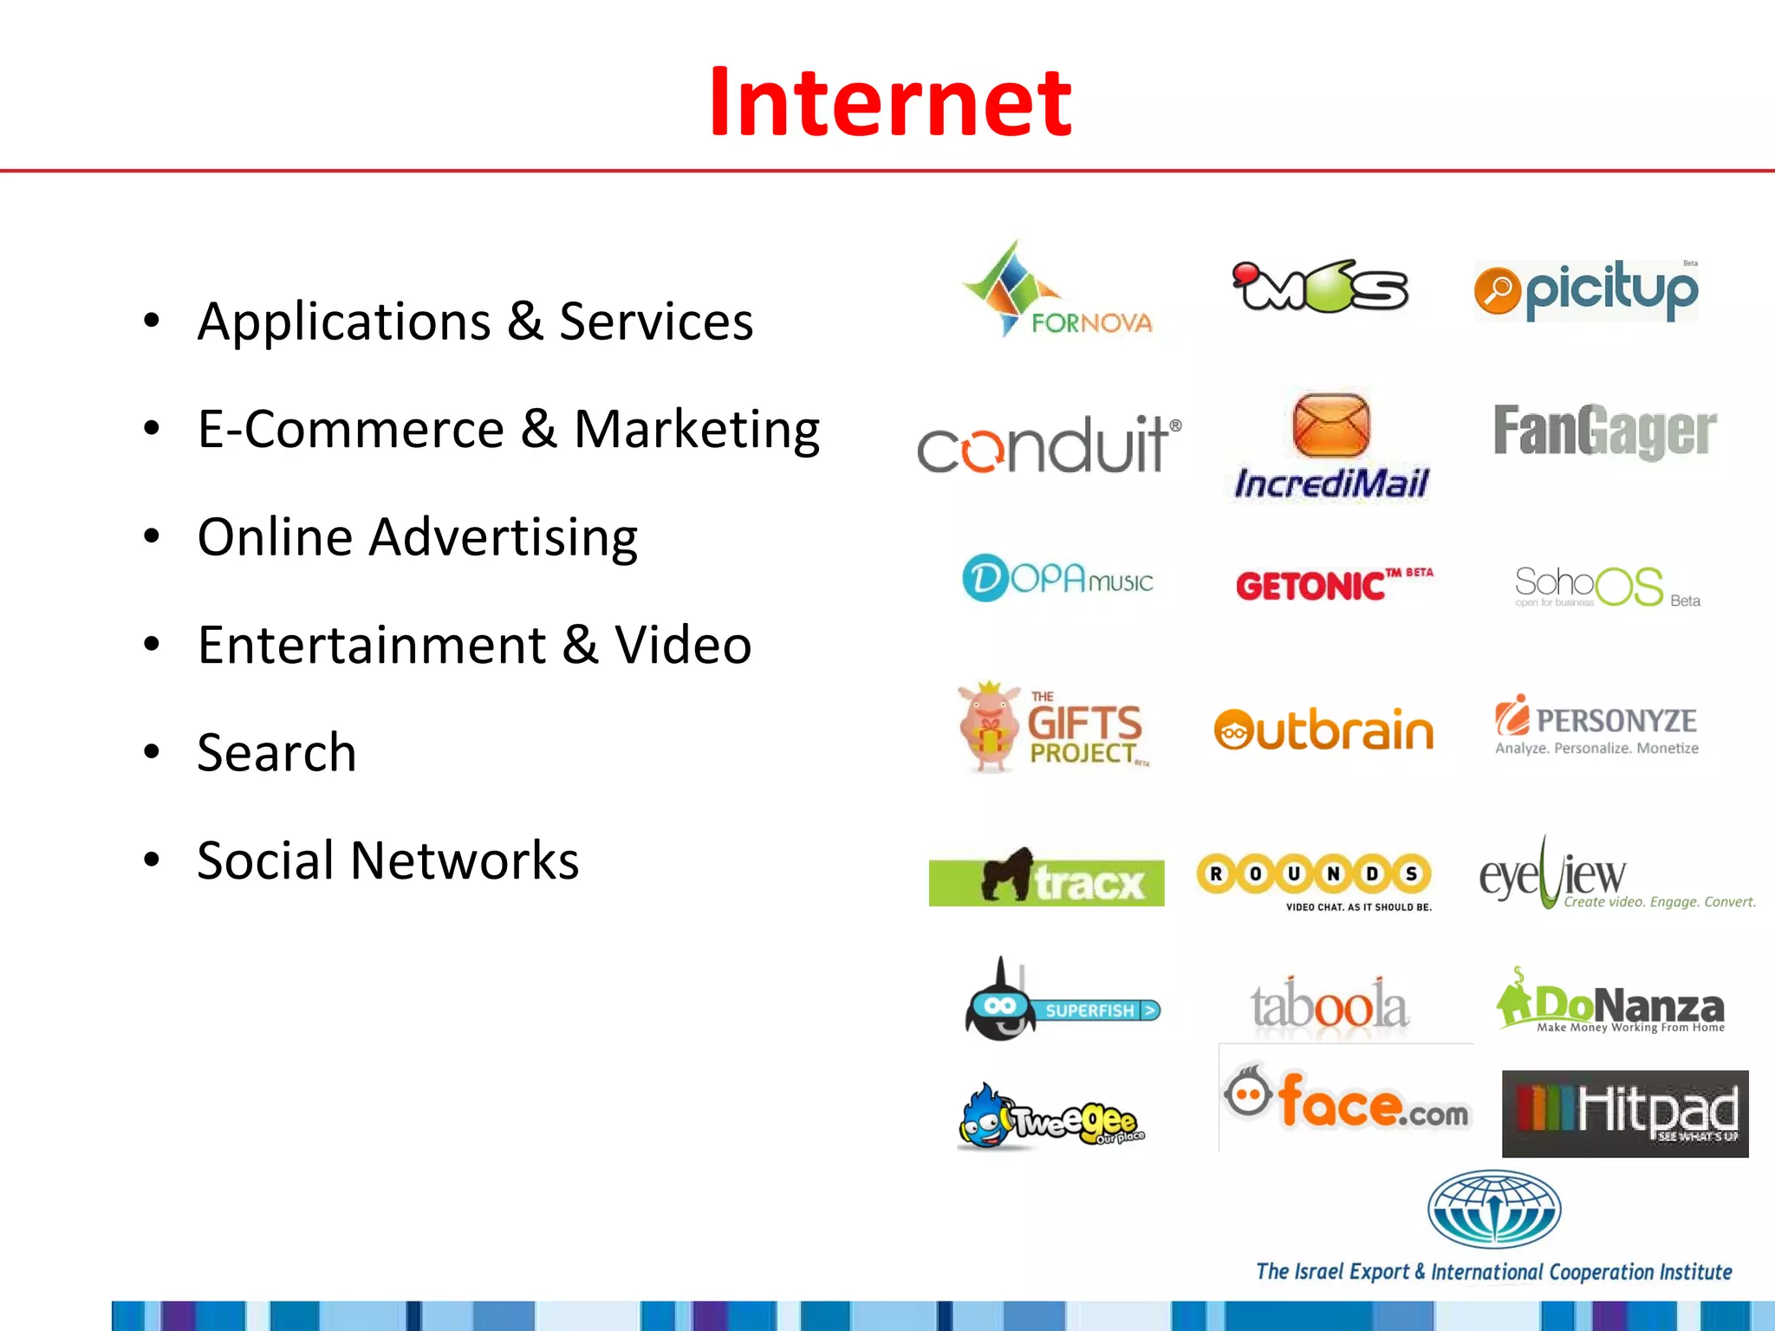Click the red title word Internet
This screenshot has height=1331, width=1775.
point(890,103)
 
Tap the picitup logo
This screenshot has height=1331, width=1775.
point(1586,290)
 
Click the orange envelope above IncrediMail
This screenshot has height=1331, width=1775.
point(1330,425)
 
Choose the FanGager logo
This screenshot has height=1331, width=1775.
point(1604,431)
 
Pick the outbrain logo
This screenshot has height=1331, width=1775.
point(1323,730)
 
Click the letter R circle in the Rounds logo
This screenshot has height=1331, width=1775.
point(1216,873)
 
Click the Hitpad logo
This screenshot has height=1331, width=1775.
point(1624,1113)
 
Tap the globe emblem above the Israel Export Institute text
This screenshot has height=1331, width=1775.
point(1493,1208)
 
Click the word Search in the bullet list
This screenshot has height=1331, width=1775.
point(276,752)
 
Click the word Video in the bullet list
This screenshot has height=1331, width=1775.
point(682,646)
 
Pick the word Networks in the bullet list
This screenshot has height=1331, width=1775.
point(465,860)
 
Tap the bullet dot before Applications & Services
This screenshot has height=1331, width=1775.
point(152,321)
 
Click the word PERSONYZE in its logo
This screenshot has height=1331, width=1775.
point(1616,721)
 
